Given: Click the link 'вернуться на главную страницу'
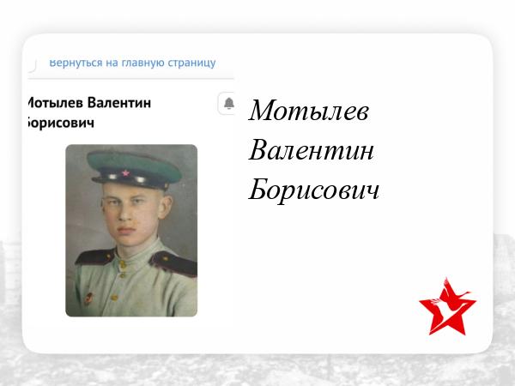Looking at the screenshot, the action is (x=132, y=63).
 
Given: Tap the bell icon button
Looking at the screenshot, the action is (x=228, y=103).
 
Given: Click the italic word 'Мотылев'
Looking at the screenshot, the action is (x=308, y=111).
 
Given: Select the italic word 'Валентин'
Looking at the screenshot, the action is (x=311, y=150).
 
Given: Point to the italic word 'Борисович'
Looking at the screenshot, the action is (x=314, y=190).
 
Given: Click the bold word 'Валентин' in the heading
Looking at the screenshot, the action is (x=119, y=103).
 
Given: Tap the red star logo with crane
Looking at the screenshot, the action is (x=447, y=307).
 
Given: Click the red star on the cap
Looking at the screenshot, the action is (x=125, y=172).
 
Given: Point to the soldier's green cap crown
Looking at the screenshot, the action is (x=134, y=164).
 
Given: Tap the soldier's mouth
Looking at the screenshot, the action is (x=126, y=231).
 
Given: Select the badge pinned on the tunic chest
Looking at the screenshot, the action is (x=88, y=299).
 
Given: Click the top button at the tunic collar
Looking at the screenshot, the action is (x=123, y=263).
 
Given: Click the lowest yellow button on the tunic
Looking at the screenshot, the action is (x=114, y=298).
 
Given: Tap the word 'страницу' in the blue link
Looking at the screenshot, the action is (x=191, y=63).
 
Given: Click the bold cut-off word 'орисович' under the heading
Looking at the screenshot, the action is (x=61, y=123).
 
